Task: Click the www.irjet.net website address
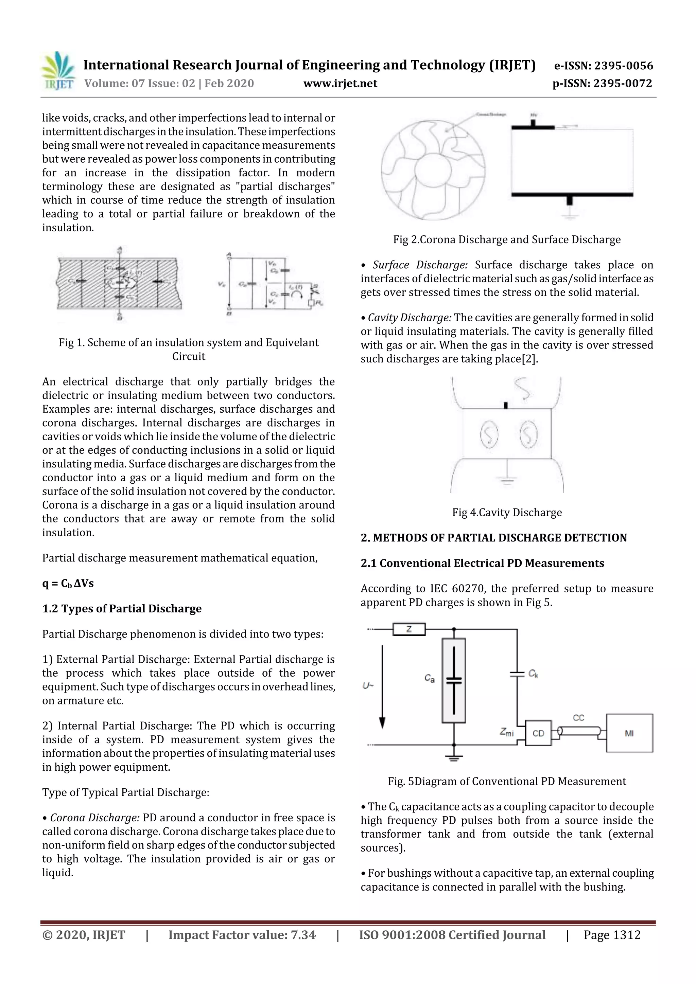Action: click(340, 83)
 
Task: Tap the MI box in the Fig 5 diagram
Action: click(629, 733)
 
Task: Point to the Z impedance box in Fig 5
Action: click(409, 629)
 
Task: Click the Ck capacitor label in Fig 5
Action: click(533, 674)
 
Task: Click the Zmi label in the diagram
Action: click(506, 732)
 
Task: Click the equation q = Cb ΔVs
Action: click(68, 583)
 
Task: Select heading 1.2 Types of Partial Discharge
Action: click(122, 609)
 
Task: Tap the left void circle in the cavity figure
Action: click(488, 434)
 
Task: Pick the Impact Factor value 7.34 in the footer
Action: click(242, 935)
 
